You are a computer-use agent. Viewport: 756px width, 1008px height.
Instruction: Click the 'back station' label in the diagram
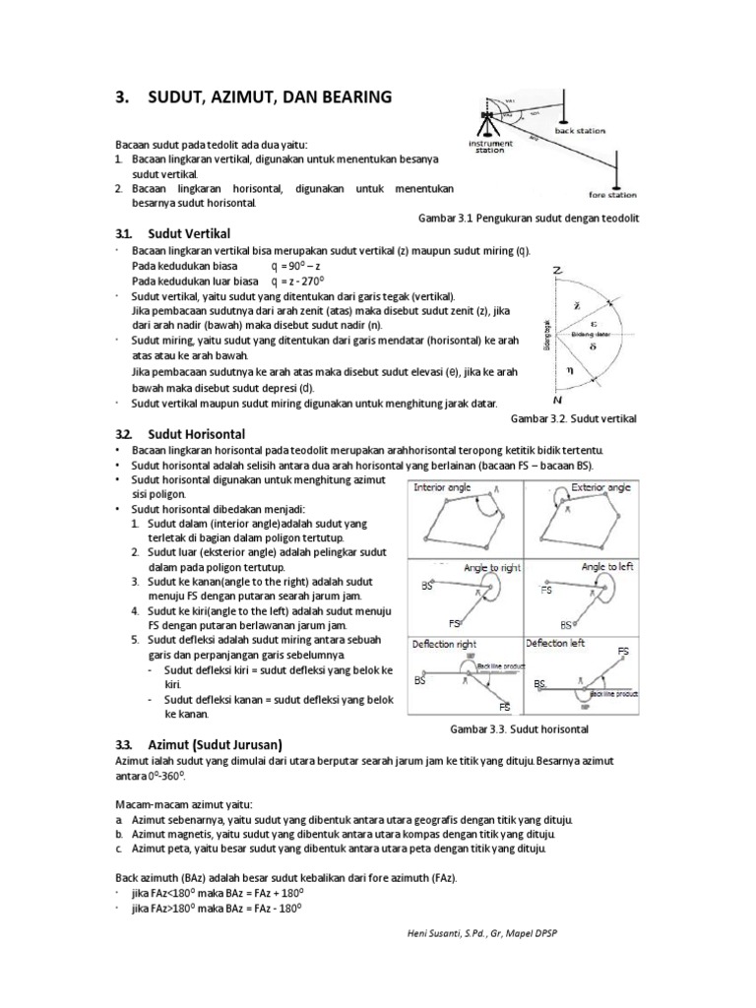click(581, 130)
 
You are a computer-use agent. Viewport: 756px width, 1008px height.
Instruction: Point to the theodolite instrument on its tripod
click(486, 122)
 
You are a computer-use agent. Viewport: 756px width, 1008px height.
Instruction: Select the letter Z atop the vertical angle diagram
click(558, 270)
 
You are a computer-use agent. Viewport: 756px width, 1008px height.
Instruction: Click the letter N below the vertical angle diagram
click(558, 402)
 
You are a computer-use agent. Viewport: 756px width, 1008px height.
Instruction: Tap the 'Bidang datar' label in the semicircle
click(591, 336)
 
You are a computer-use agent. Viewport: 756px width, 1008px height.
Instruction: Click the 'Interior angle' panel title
click(444, 487)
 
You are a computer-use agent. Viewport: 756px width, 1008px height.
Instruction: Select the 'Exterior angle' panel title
click(599, 487)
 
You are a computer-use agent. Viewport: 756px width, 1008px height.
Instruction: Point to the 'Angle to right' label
click(491, 568)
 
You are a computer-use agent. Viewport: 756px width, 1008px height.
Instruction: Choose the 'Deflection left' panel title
click(559, 644)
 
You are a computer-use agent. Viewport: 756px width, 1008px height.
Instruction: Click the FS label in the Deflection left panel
click(623, 652)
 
